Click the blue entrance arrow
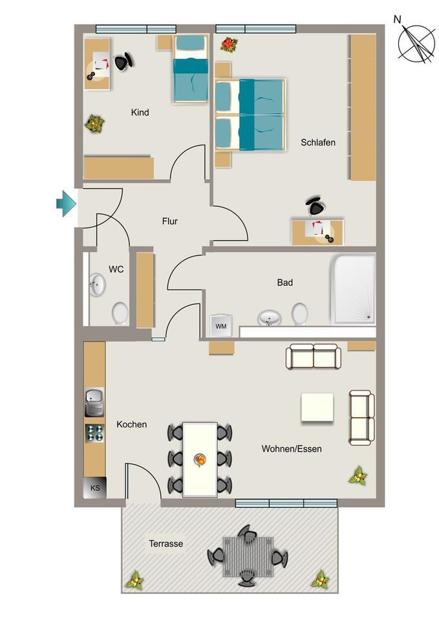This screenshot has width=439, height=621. (x=66, y=204)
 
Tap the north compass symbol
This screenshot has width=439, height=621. (x=416, y=44)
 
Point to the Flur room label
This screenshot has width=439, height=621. (x=169, y=221)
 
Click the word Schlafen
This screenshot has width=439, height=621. (x=318, y=142)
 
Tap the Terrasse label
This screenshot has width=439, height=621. (x=166, y=544)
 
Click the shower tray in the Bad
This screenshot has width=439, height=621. (x=353, y=289)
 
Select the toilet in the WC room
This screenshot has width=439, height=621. (x=120, y=313)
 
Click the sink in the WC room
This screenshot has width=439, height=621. (x=97, y=285)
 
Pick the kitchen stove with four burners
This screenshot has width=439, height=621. (x=95, y=433)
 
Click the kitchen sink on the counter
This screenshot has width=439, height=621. (x=94, y=402)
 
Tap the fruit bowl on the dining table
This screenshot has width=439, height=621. (x=200, y=460)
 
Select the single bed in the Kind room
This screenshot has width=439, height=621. (x=190, y=70)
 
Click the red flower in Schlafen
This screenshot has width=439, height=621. (x=229, y=44)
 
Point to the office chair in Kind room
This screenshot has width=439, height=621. (x=123, y=62)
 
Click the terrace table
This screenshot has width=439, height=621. (x=248, y=556)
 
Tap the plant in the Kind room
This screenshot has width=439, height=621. (x=95, y=123)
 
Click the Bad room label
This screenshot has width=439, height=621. (x=284, y=283)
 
